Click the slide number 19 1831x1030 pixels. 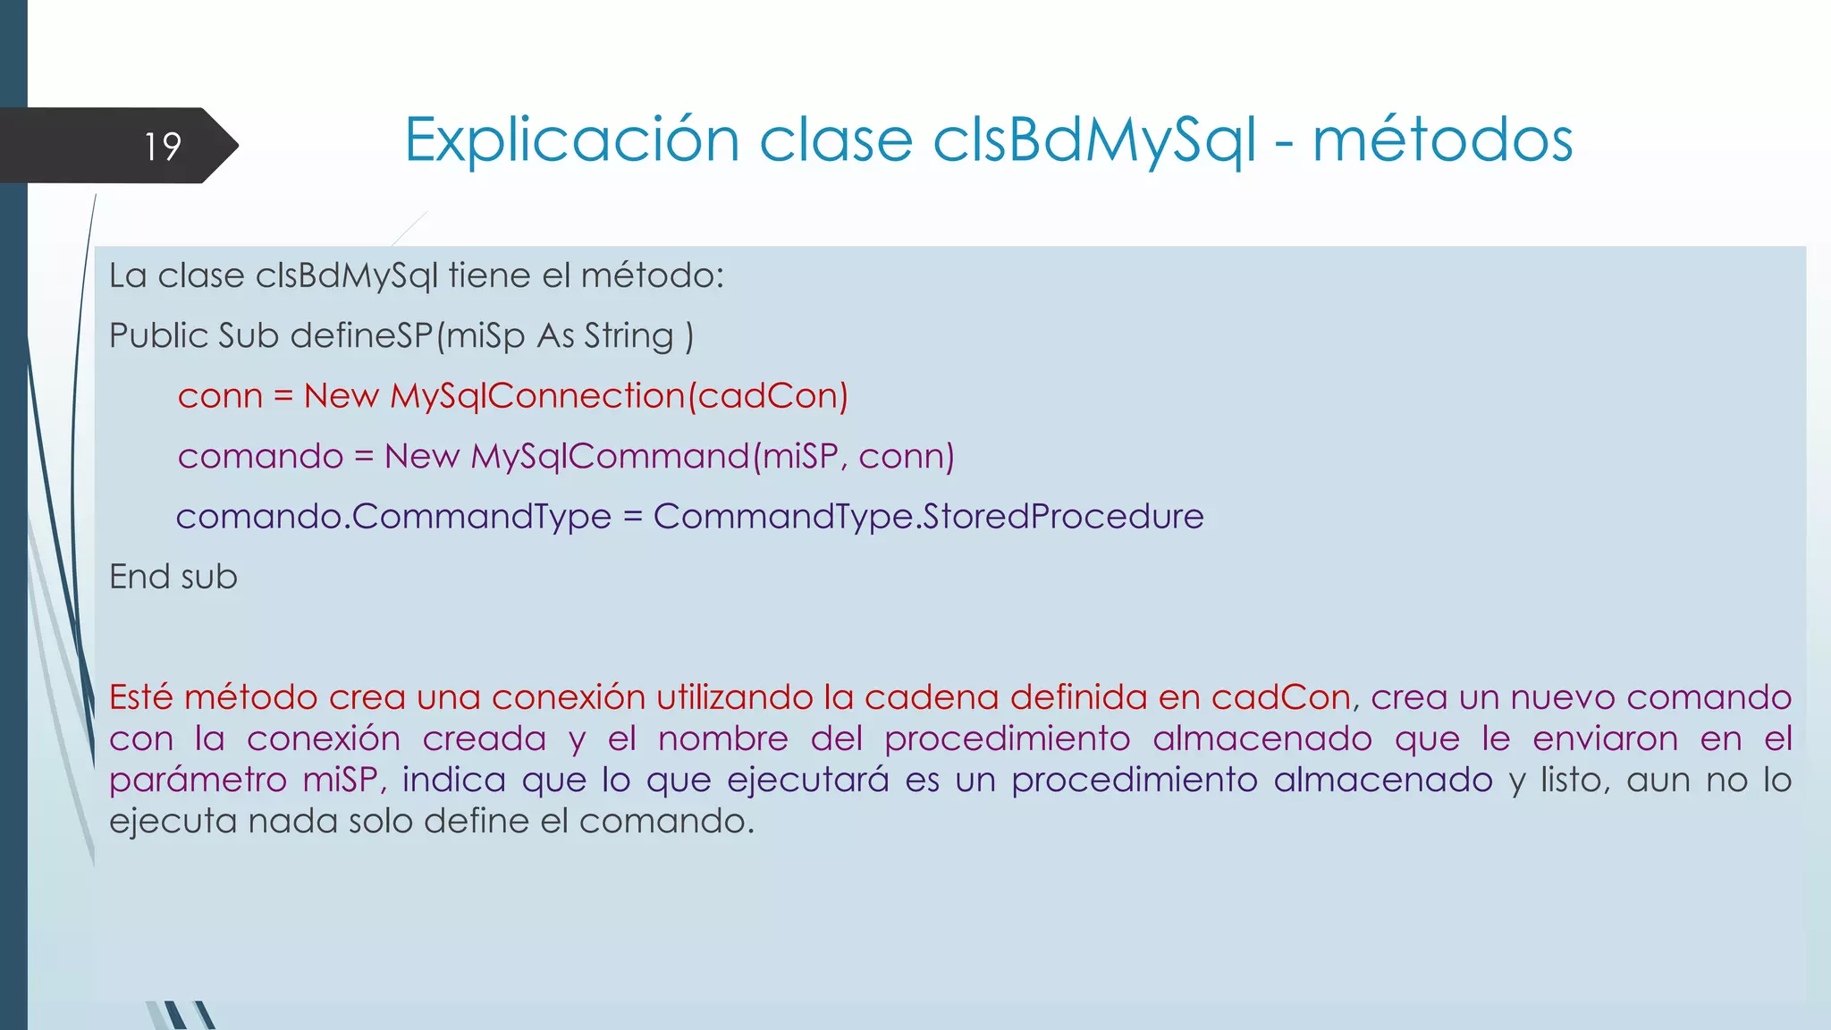tap(163, 146)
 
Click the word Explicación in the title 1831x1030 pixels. tap(571, 140)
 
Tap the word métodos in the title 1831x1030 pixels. tap(1441, 140)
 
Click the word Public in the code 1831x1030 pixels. tap(158, 336)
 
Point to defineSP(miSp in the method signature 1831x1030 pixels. tap(407, 336)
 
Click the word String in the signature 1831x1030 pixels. tap(629, 336)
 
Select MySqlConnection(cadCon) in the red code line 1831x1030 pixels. tap(619, 396)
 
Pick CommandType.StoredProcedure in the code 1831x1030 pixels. tap(928, 517)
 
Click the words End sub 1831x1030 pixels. tap(173, 577)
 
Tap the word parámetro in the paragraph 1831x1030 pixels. tap(197, 780)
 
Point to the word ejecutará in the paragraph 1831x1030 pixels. tap(807, 780)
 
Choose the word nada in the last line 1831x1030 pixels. tap(292, 821)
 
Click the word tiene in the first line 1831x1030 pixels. tap(489, 275)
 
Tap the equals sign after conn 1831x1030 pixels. tap(283, 396)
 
